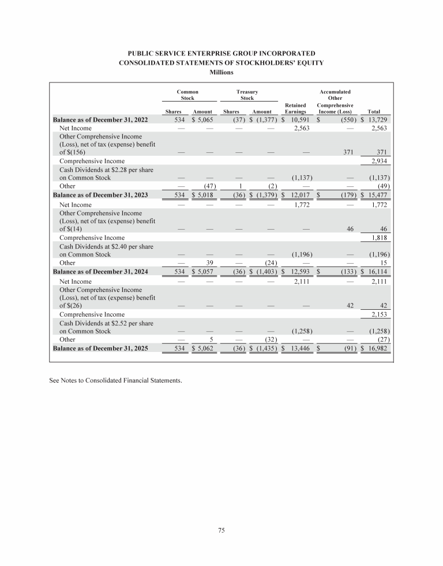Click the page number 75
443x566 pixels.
pyautogui.click(x=221, y=531)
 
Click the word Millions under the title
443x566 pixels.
pyautogui.click(x=221, y=73)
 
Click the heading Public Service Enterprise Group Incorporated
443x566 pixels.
pyautogui.click(x=221, y=53)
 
